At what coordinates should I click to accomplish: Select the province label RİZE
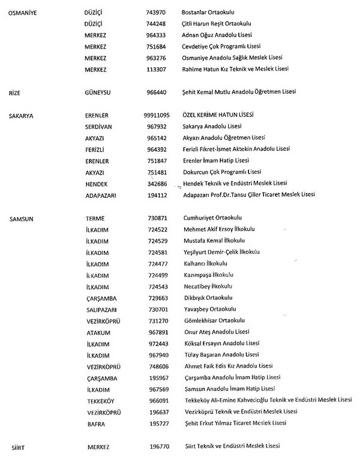[x=14, y=92]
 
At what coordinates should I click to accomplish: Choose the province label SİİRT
[x=15, y=447]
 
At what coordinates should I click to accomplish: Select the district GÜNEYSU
[x=100, y=92]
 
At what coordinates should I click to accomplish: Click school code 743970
[x=156, y=12]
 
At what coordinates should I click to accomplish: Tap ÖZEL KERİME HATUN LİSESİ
[x=218, y=115]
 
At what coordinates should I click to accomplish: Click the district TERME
[x=96, y=218]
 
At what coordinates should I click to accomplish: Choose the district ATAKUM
[x=98, y=332]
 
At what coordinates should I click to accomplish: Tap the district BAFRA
[x=95, y=424]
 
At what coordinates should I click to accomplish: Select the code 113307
[x=156, y=69]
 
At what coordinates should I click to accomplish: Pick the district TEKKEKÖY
[x=100, y=401]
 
